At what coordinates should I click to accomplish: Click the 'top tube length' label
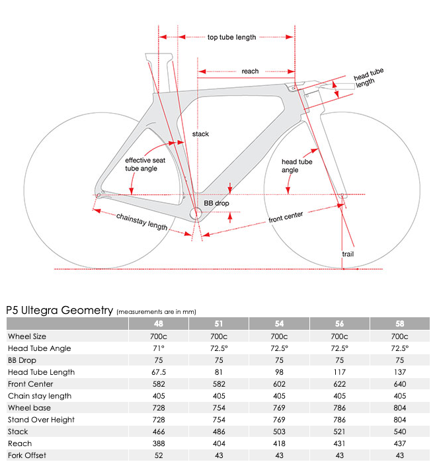(x=231, y=38)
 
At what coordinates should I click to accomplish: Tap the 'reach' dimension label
(x=250, y=71)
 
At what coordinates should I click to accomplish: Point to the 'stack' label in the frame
(x=200, y=134)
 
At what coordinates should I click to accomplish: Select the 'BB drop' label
(x=216, y=203)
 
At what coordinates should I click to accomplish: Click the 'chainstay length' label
(x=141, y=221)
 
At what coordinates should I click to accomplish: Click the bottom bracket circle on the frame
(x=196, y=213)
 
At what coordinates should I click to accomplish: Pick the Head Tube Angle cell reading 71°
(x=159, y=348)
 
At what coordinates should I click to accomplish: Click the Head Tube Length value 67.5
(x=159, y=372)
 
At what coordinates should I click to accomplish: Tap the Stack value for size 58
(x=399, y=432)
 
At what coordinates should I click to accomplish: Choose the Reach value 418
(x=279, y=444)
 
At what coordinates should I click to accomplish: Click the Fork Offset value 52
(x=159, y=455)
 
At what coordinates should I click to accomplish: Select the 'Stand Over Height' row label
(x=41, y=420)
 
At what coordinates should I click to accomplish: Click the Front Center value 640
(x=399, y=384)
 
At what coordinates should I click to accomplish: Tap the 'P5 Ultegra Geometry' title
(x=60, y=309)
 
